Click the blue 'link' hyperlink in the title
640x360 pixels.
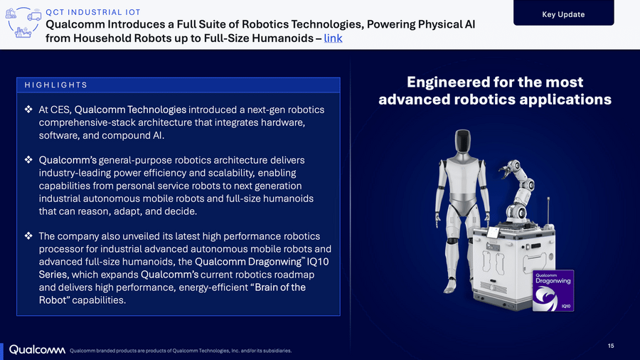point(333,38)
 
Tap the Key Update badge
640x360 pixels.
point(564,13)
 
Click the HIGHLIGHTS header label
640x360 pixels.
point(56,85)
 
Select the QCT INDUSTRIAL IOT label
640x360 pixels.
point(93,12)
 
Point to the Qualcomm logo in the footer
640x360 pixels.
point(37,350)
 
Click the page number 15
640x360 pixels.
point(611,346)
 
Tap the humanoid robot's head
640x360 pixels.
point(462,141)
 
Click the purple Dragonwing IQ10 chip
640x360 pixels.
point(553,290)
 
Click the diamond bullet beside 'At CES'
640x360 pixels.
point(28,110)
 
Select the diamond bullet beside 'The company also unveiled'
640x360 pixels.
point(28,236)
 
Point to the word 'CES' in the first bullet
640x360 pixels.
point(62,110)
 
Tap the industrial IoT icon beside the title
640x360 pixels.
point(23,23)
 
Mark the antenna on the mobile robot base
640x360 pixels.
point(548,212)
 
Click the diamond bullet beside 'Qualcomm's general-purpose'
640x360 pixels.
point(28,159)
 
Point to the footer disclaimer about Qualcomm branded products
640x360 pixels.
point(181,351)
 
